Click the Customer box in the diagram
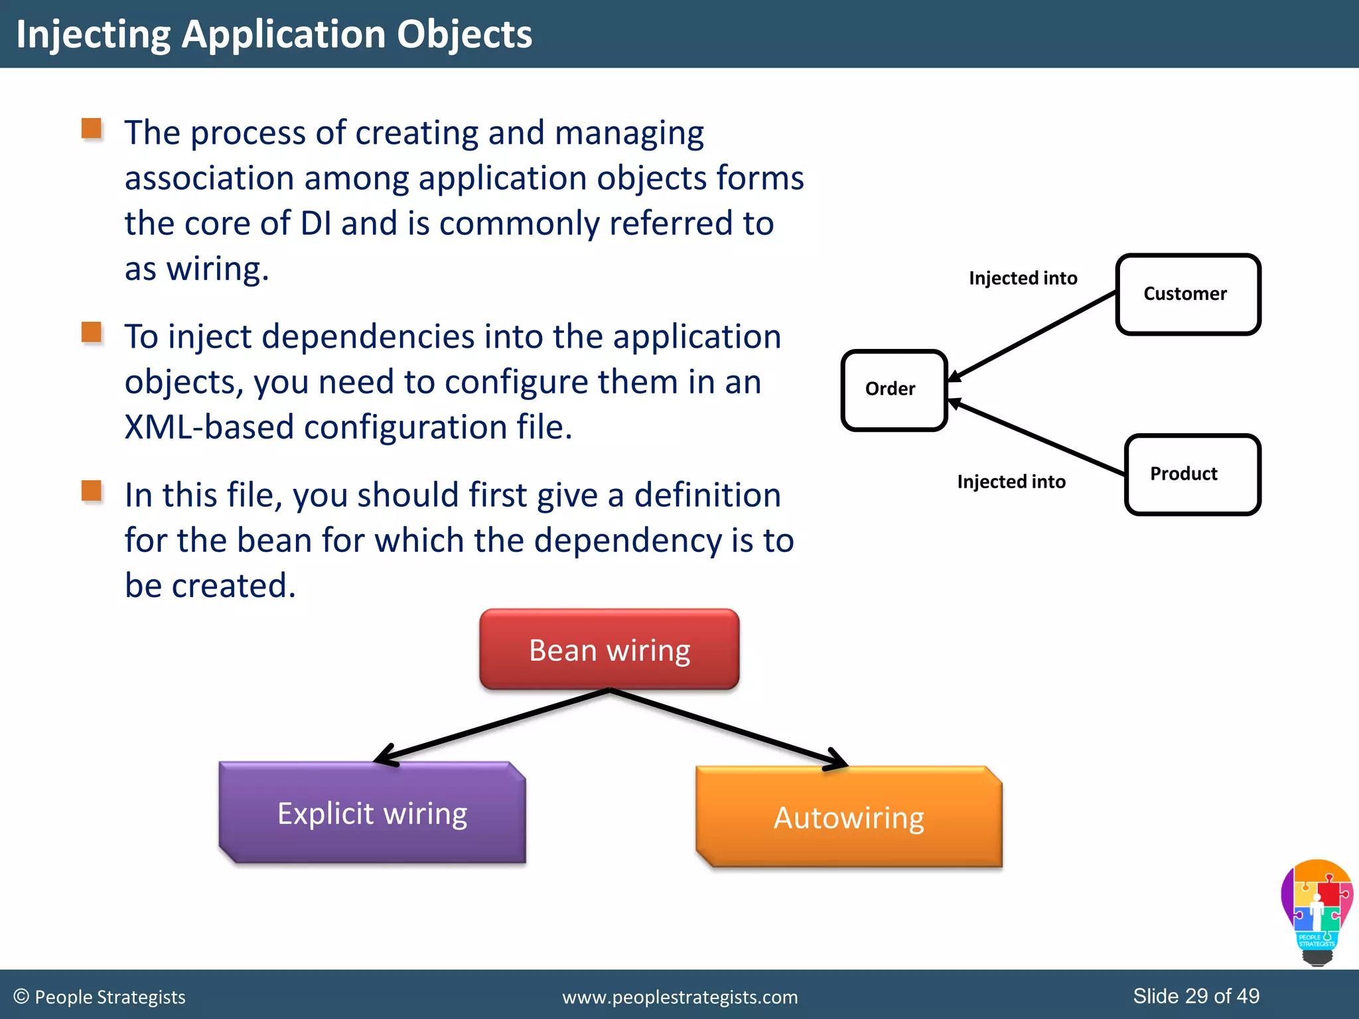pos(1188,295)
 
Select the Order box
pos(893,390)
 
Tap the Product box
pos(1192,474)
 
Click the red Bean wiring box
pos(609,649)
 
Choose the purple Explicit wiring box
pos(372,813)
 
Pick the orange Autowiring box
pos(849,817)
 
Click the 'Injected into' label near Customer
pos(1023,278)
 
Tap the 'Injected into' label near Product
pos(1011,482)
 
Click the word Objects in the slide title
pos(464,34)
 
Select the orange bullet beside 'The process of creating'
pos(92,129)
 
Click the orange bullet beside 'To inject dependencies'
pos(92,332)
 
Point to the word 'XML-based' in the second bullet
pos(208,427)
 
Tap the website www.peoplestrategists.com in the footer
pos(679,997)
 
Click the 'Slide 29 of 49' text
pos(1196,996)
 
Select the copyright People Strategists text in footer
pos(100,997)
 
